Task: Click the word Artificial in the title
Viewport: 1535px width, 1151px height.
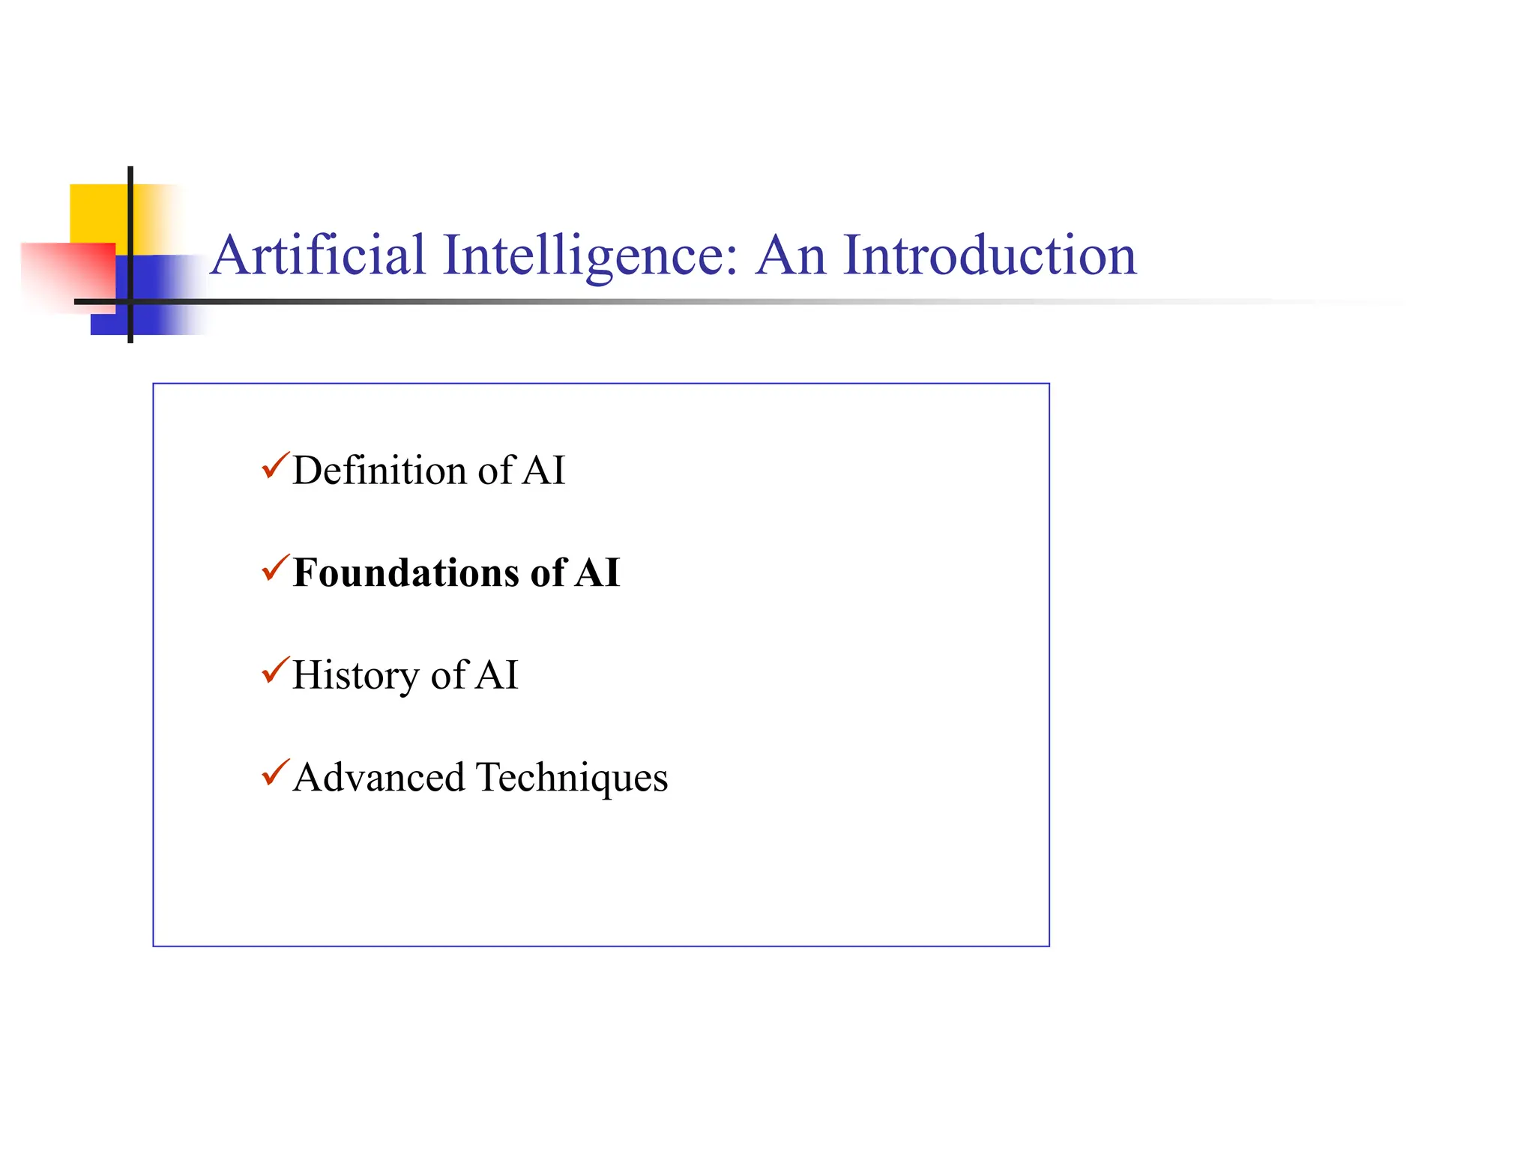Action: (318, 256)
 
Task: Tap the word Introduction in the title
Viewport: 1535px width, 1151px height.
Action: (989, 256)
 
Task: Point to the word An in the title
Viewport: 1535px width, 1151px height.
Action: (791, 256)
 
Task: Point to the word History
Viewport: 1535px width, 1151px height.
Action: (355, 676)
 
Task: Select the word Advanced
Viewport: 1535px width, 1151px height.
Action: (379, 777)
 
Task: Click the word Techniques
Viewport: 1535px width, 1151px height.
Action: (571, 779)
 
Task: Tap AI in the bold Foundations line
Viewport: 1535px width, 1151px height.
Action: (597, 573)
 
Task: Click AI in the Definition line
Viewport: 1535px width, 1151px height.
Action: (543, 471)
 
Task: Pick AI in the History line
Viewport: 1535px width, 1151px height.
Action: (496, 675)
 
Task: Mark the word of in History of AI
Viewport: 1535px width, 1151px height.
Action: (449, 675)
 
